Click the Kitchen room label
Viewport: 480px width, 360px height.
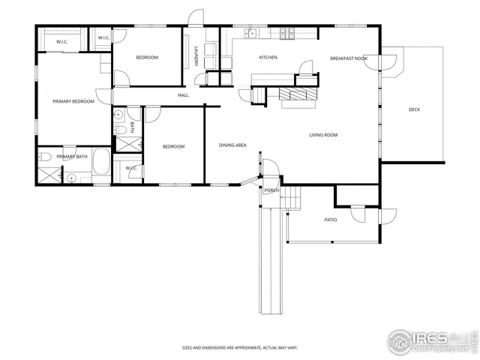point(268,58)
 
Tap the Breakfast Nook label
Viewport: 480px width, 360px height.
point(348,58)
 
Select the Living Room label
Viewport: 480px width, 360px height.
point(324,135)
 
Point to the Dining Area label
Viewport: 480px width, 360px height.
point(232,145)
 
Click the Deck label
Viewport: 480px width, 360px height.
point(414,110)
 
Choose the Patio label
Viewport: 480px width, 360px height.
point(330,220)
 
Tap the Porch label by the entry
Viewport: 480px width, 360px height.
point(271,190)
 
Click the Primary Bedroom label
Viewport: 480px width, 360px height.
point(73,101)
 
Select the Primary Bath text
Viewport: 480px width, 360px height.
point(72,156)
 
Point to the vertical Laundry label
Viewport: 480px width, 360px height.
point(196,56)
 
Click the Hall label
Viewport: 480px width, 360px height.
point(183,95)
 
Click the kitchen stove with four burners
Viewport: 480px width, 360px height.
point(286,32)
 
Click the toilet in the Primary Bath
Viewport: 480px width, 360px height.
point(44,157)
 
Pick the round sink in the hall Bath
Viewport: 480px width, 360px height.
point(118,115)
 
